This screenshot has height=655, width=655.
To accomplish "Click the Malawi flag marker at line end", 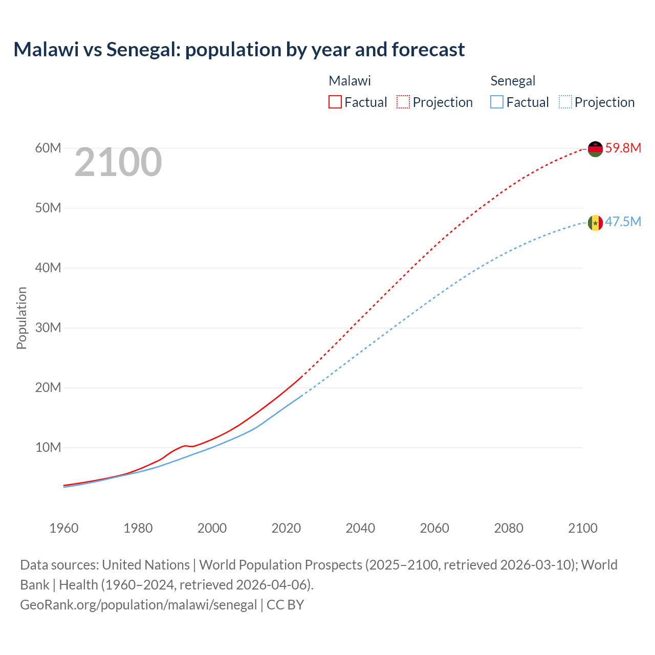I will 595,149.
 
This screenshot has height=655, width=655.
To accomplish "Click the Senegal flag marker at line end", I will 595,223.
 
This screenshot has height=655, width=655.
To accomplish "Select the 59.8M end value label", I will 623,148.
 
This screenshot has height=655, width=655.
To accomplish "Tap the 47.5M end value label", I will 623,222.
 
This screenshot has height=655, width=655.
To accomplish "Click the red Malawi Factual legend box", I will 335,102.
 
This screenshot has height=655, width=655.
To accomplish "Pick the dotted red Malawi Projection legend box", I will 403,102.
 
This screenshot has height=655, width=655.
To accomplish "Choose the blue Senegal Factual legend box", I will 496,102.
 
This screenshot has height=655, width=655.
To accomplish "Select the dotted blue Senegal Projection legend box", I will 565,102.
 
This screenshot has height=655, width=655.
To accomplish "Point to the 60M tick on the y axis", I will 48,148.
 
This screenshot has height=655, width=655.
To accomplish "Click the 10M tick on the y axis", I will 48,447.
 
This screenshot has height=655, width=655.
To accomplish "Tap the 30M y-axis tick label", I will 48,327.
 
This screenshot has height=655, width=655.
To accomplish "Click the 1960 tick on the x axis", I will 64,528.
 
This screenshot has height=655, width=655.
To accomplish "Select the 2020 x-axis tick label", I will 286,528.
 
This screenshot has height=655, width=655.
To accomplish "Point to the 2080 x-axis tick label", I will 509,528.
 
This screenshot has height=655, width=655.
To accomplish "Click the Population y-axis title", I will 21,318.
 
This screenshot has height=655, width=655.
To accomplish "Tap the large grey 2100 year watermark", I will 118,162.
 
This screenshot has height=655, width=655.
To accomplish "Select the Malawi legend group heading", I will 350,81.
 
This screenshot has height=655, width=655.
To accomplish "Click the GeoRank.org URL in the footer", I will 138,604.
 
